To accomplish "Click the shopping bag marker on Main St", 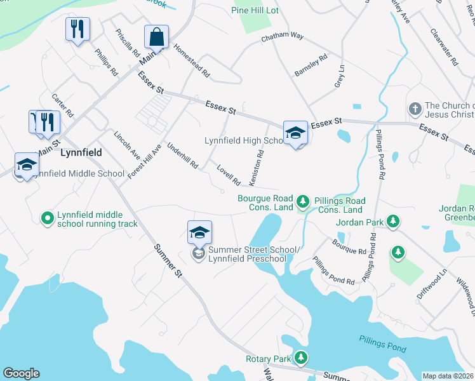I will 156,38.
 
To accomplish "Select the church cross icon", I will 415,109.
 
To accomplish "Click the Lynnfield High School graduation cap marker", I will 295,133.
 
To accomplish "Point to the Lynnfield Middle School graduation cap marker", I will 27,164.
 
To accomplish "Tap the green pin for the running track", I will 46,218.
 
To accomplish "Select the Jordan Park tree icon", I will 394,222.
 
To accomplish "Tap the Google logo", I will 21,373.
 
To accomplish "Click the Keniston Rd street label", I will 257,168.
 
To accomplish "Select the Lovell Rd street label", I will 228,176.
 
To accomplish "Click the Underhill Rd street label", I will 182,156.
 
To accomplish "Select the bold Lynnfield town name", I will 81,153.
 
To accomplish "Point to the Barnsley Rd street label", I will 311,65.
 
